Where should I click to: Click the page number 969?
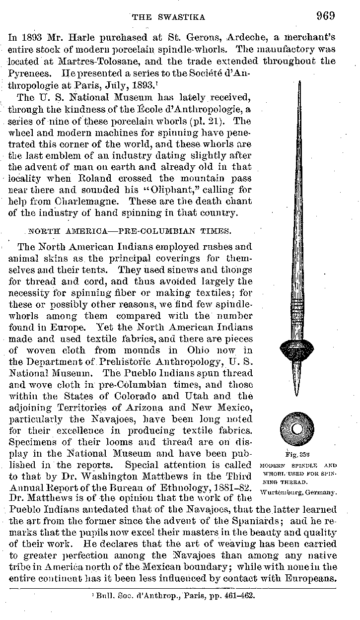click(x=325, y=15)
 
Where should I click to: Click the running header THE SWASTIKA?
click(x=168, y=17)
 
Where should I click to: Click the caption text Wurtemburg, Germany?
click(x=298, y=491)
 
